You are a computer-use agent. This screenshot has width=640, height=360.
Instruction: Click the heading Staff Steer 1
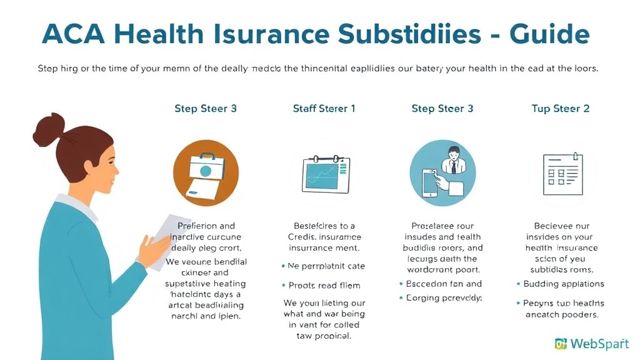click(x=324, y=109)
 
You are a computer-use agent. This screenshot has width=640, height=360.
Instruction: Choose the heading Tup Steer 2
click(x=560, y=109)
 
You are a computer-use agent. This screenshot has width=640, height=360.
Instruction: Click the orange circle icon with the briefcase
click(x=205, y=172)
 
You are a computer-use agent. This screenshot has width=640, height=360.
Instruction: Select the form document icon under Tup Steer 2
click(x=561, y=172)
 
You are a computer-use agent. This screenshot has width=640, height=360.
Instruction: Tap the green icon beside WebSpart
click(x=561, y=343)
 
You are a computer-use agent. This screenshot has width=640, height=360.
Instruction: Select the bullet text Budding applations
click(x=564, y=284)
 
